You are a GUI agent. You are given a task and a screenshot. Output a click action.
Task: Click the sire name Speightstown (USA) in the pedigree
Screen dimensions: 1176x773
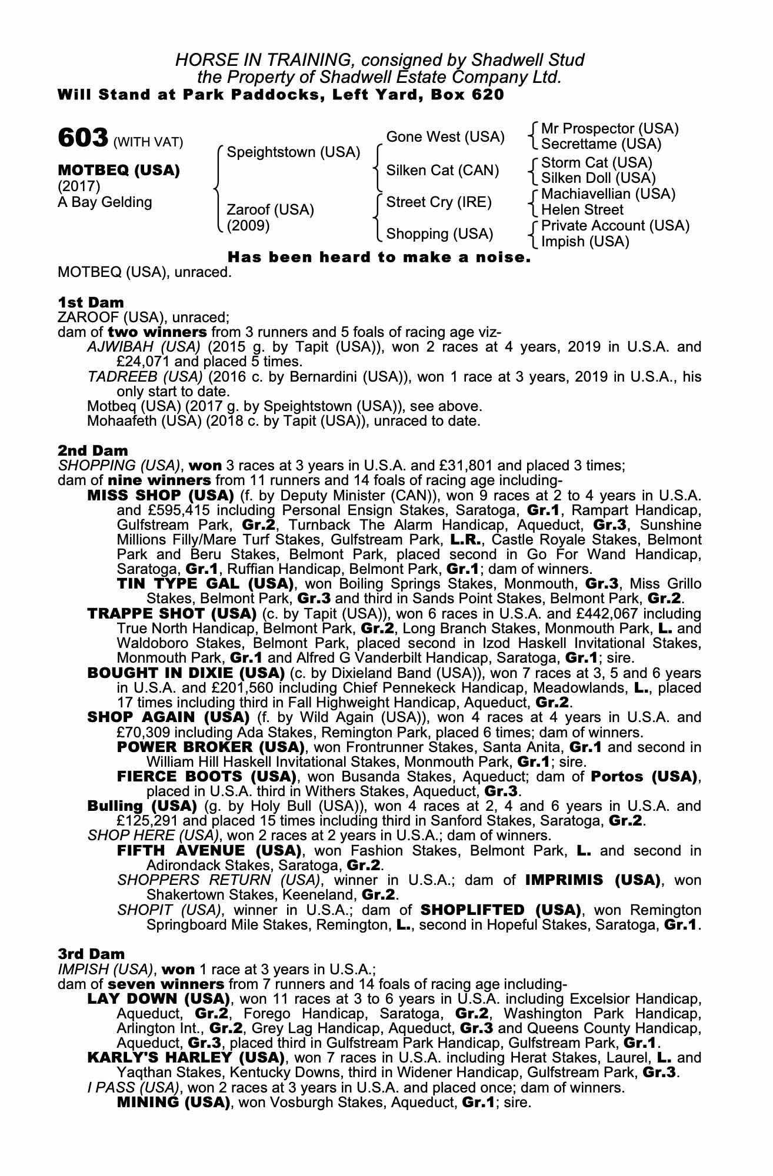pos(293,152)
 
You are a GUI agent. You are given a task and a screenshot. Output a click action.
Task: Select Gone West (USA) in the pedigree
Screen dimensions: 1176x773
pos(445,137)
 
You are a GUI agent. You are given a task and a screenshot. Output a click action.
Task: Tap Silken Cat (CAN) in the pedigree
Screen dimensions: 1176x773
pos(442,171)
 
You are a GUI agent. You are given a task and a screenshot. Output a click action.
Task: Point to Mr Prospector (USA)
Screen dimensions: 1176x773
pos(609,129)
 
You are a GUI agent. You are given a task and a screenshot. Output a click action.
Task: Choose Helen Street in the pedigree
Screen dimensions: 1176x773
pos(582,210)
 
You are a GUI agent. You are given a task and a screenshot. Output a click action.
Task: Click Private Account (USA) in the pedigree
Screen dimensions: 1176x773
pos(615,226)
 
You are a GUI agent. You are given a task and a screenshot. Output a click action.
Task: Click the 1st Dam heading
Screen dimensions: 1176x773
pos(91,303)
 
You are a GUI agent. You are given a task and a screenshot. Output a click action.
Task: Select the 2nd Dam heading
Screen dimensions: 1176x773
pos(92,451)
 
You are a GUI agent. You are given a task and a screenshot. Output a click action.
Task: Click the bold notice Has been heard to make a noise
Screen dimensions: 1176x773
pos(379,258)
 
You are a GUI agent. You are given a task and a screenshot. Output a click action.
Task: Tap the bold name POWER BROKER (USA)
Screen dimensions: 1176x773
pos(211,747)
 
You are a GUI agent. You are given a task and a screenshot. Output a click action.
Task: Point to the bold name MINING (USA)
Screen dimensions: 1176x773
pos(173,1102)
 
